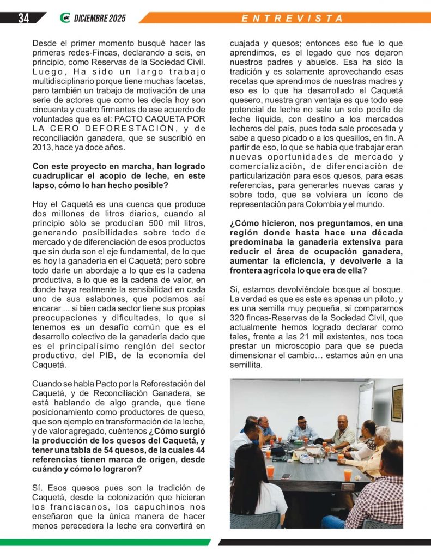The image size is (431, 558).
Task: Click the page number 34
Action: pos(23,18)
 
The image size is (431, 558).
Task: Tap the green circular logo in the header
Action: pos(65,18)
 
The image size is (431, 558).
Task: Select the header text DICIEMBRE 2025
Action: pos(100,19)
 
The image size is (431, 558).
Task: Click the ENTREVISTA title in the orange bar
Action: pos(293,18)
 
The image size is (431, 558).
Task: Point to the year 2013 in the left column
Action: pos(44,148)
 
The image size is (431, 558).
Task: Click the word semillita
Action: pos(246,365)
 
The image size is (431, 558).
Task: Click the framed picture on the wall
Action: pos(397,403)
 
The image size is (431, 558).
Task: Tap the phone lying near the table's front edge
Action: pos(286,476)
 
